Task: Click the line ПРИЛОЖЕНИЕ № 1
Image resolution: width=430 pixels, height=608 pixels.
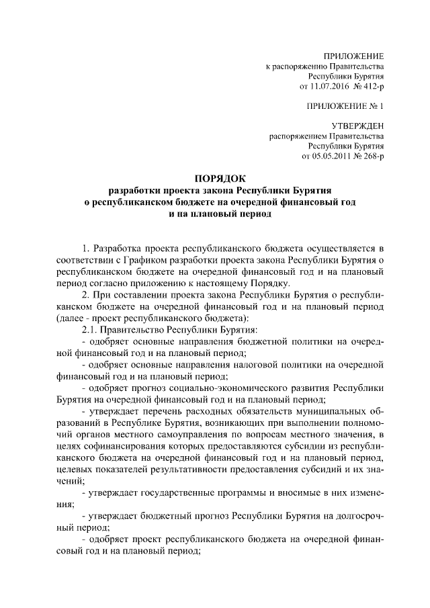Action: pos(345,106)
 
